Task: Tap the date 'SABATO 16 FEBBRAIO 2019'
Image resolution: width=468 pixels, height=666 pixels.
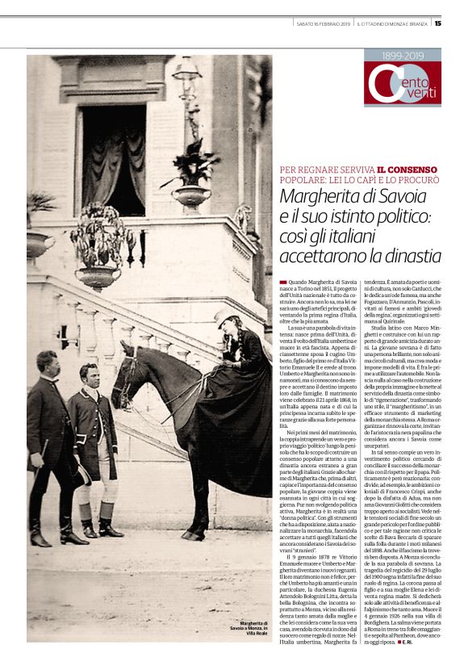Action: click(324, 23)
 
